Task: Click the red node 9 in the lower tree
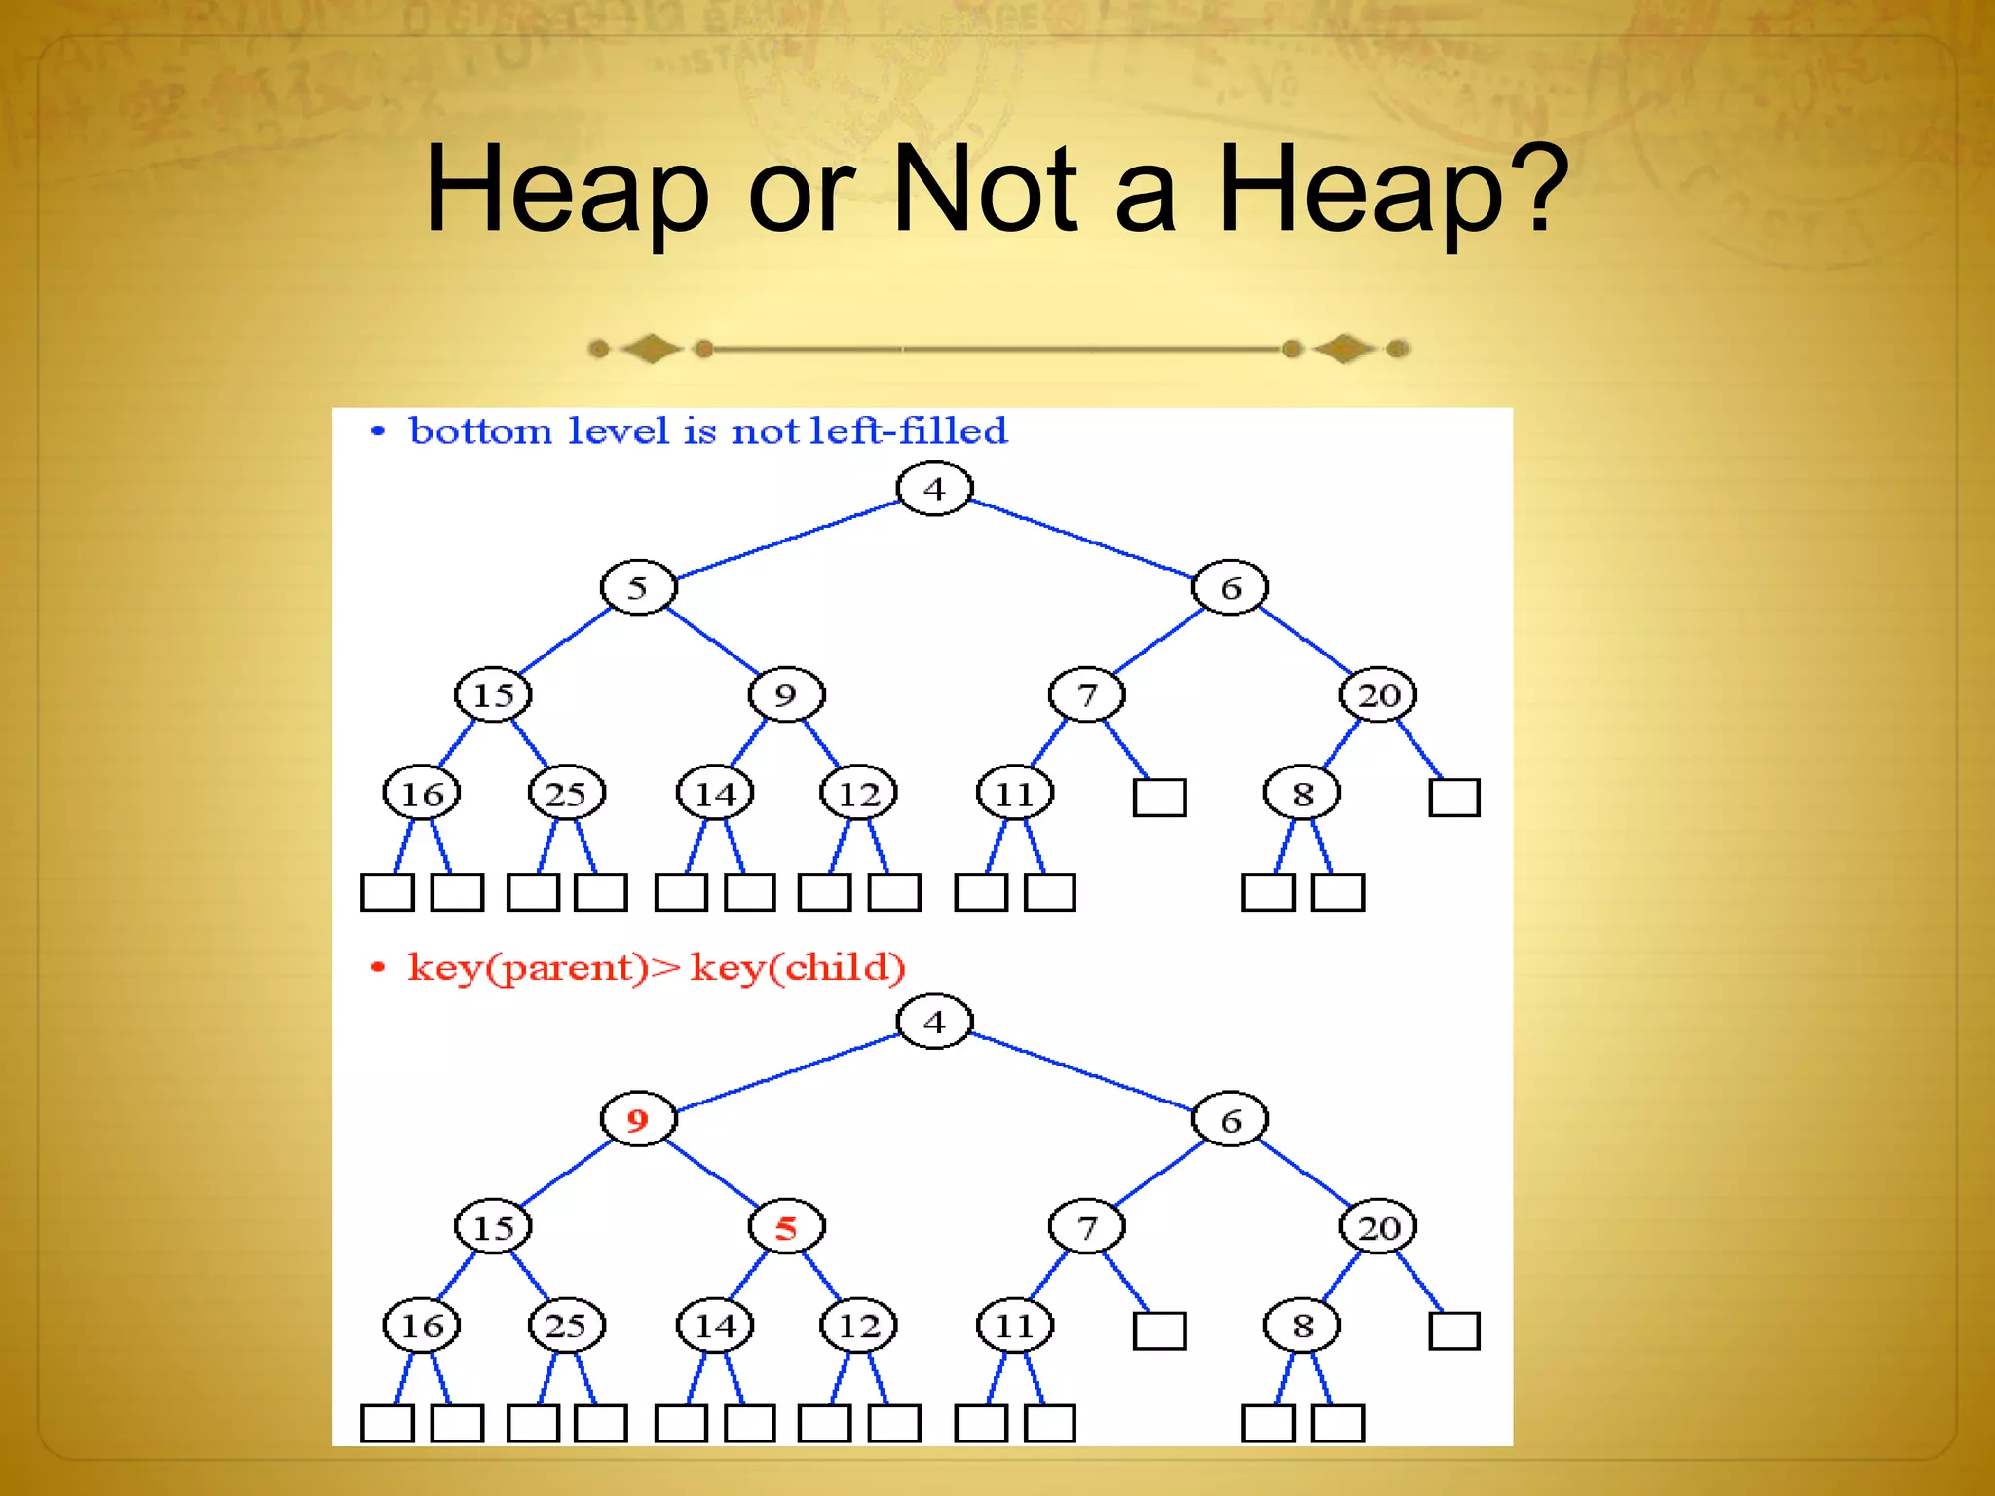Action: coord(638,1120)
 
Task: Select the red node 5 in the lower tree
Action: coord(786,1227)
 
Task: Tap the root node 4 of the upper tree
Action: coord(934,489)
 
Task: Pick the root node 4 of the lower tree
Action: coord(934,1022)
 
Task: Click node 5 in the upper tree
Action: coord(638,587)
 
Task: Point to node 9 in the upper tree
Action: coord(786,694)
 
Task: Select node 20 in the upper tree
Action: coord(1378,694)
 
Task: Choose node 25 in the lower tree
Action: coord(566,1326)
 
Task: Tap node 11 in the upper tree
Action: coord(1015,794)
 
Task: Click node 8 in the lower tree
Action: coord(1302,1326)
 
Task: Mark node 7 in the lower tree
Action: coord(1087,1227)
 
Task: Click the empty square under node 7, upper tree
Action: coord(1159,798)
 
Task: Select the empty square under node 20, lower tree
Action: coord(1453,1330)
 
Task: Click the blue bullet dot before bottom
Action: coord(378,431)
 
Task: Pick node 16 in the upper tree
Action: coord(422,794)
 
